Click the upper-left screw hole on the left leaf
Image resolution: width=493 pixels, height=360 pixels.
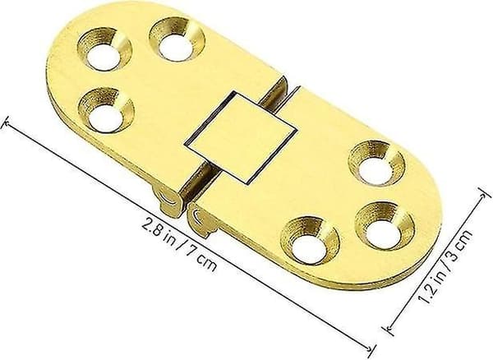click(104, 49)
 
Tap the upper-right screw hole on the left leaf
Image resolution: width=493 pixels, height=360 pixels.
click(177, 39)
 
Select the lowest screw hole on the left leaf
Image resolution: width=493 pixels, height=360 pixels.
click(106, 110)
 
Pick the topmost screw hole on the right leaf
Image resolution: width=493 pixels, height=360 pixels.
click(376, 164)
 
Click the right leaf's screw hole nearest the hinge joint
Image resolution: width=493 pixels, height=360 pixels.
click(310, 239)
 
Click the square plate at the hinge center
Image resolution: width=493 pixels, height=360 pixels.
click(241, 137)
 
